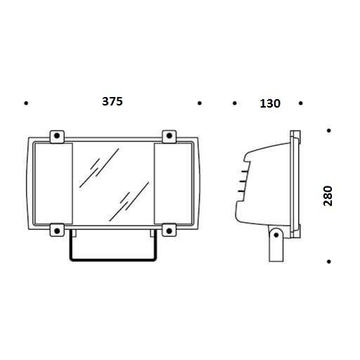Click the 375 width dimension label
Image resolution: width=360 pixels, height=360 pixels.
[112, 101]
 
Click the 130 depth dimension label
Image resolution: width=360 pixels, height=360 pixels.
[270, 103]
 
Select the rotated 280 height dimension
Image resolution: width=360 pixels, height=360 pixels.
[328, 196]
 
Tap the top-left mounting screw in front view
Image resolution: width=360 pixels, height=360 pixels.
[57, 136]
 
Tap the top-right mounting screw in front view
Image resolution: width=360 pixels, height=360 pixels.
[169, 136]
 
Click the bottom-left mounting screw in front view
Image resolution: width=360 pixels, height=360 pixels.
[57, 231]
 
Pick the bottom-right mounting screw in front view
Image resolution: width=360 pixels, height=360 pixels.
[169, 231]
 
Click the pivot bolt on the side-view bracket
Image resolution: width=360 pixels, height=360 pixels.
[276, 235]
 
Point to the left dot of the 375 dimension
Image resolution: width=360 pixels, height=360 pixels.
[26, 103]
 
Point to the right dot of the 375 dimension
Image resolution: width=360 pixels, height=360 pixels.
[200, 103]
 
